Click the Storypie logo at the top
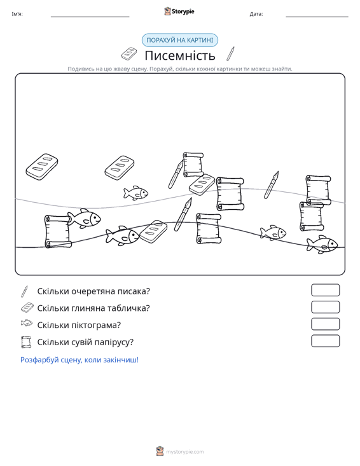coord(179,11)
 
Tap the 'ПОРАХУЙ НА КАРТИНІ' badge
coord(180,40)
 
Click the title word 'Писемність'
coord(180,55)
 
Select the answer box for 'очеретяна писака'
coord(325,290)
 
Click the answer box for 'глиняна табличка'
coord(325,307)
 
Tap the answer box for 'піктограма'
coord(325,324)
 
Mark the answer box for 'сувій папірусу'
coord(325,341)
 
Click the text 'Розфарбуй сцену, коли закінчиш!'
coord(80,360)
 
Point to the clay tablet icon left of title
coord(129,54)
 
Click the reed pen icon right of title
coord(230,54)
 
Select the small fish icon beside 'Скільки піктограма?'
coord(27,323)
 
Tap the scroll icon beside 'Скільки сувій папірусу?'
coord(26,342)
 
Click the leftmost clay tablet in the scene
coord(42,167)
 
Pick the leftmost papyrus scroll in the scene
coord(58,231)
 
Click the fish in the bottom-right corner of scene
coord(322,244)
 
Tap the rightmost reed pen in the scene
coord(272,185)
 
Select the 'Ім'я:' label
coord(17,14)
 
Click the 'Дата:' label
coord(256,14)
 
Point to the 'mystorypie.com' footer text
coord(185,452)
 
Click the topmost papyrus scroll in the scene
coord(193,165)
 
